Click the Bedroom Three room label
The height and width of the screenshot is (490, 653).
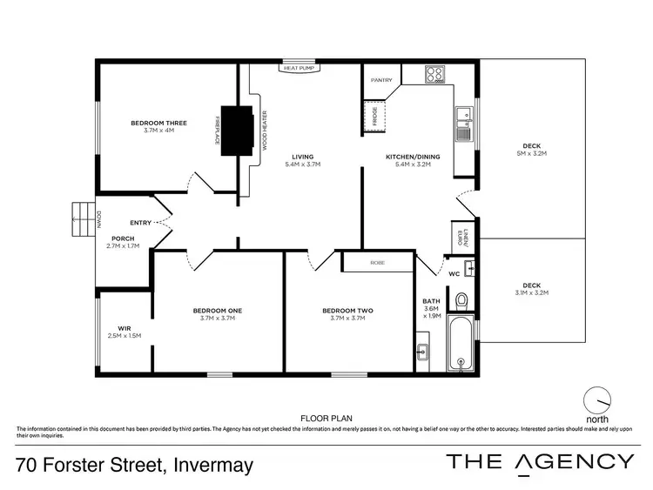153,127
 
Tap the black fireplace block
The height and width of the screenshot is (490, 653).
237,131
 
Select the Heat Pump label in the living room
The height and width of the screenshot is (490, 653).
297,67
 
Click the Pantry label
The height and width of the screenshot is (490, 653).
381,80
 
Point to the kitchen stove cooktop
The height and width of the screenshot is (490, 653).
435,75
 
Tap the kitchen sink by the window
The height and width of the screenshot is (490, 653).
462,129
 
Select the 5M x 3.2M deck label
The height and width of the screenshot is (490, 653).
535,149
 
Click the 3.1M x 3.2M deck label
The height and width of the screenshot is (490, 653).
531,289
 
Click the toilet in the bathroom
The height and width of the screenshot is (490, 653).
462,300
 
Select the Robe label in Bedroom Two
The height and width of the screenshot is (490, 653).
377,262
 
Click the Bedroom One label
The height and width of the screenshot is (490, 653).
218,314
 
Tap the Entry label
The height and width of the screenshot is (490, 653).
141,223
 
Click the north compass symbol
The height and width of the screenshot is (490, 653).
597,400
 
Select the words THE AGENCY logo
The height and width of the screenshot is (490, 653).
540,461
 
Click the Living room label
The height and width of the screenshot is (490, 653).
303,160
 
